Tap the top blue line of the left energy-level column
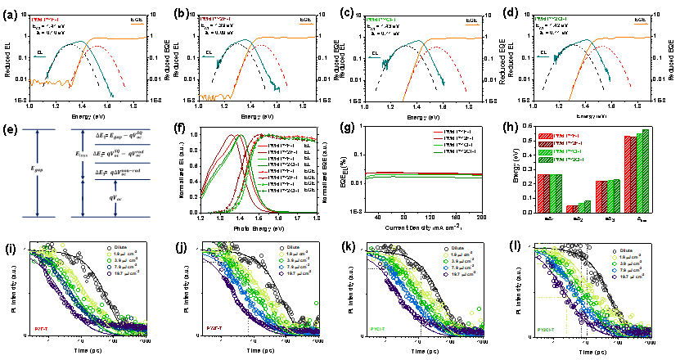[x=38, y=129]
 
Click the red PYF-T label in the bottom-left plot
[x=42, y=329]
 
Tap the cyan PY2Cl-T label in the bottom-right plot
[x=547, y=329]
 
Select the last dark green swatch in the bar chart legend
[x=545, y=160]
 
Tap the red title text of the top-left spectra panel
[x=44, y=19]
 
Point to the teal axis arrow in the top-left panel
[x=40, y=56]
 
